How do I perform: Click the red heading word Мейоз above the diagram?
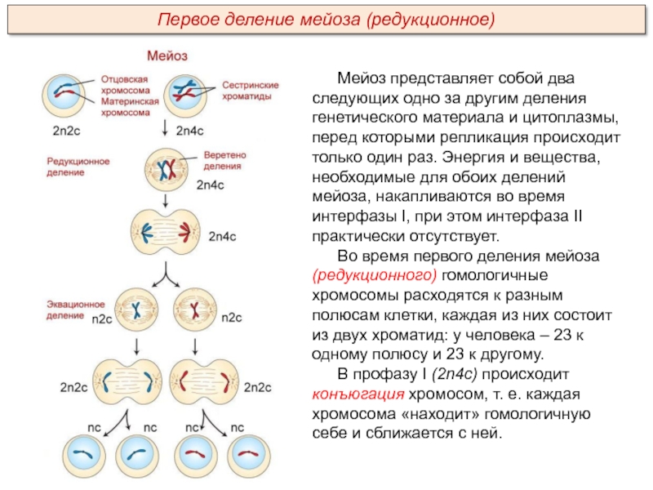click(x=167, y=56)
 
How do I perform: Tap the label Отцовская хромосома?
click(x=125, y=85)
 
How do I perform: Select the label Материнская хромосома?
click(x=130, y=107)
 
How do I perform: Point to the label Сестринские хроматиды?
click(x=250, y=91)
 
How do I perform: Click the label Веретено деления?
click(x=224, y=160)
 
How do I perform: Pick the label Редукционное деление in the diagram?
click(x=78, y=167)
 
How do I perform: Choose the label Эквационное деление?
click(x=75, y=310)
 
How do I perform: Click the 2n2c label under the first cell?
click(x=66, y=131)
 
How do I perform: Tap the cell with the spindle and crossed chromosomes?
click(x=166, y=170)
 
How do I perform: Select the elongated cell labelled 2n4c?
click(x=166, y=233)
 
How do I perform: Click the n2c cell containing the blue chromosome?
click(x=136, y=310)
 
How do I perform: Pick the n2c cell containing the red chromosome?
click(x=194, y=310)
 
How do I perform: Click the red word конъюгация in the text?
click(x=358, y=394)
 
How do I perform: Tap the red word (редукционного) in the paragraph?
click(x=375, y=275)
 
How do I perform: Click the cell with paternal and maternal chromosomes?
click(x=64, y=96)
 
